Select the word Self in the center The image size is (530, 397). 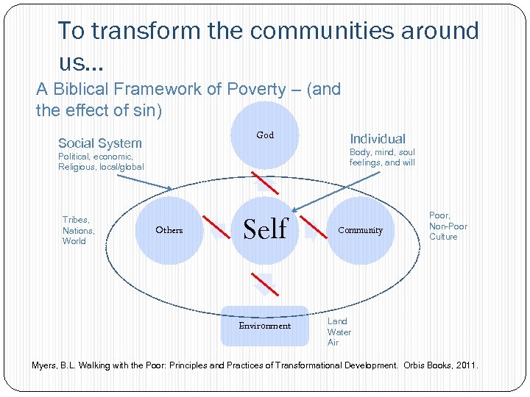[x=265, y=229]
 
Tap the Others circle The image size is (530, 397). [x=169, y=230]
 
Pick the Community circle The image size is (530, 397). [x=360, y=230]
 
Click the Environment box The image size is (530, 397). [x=264, y=326]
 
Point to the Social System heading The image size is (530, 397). [x=100, y=143]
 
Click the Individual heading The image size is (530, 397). [x=377, y=139]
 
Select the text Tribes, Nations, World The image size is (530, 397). [x=78, y=230]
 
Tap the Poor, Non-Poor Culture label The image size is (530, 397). [x=448, y=226]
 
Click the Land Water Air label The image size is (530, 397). [x=339, y=332]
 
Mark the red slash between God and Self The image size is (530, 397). [x=263, y=181]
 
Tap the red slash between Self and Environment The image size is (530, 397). [x=263, y=280]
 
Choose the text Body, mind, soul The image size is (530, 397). [x=382, y=152]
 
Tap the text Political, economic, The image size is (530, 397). [x=96, y=157]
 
